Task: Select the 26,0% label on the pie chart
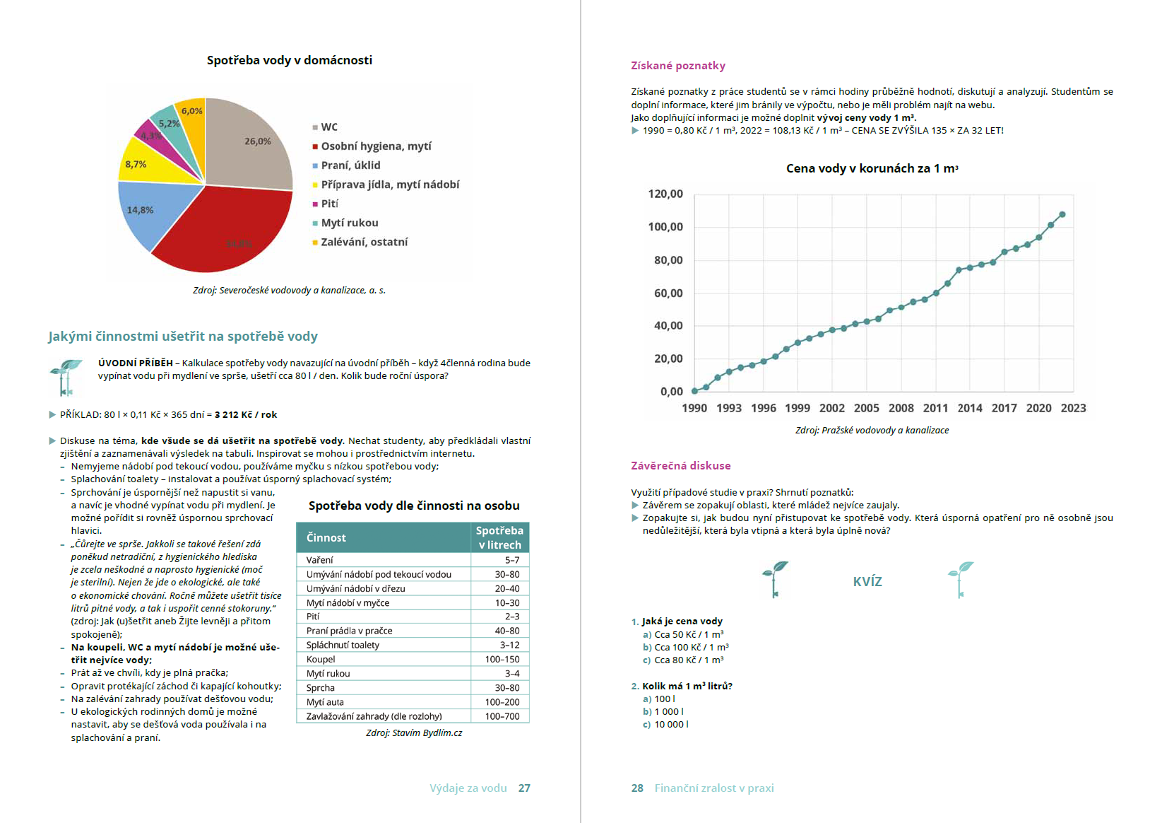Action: click(x=258, y=141)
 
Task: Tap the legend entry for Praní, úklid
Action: click(x=350, y=165)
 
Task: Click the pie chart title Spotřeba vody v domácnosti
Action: click(x=290, y=61)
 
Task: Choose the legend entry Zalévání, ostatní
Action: click(x=364, y=242)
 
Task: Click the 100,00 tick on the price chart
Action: click(x=665, y=227)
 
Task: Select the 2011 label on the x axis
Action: click(x=935, y=408)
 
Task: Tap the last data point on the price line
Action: click(x=1062, y=214)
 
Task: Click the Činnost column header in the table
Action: click(x=326, y=537)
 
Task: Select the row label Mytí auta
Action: click(x=325, y=702)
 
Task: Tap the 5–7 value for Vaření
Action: click(x=511, y=560)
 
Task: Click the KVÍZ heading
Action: click(x=867, y=582)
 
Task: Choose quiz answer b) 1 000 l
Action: click(x=668, y=711)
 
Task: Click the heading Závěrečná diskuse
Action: click(x=681, y=466)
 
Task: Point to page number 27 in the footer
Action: click(x=524, y=788)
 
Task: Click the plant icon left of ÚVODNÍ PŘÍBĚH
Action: click(x=66, y=377)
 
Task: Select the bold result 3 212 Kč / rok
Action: click(x=246, y=415)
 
